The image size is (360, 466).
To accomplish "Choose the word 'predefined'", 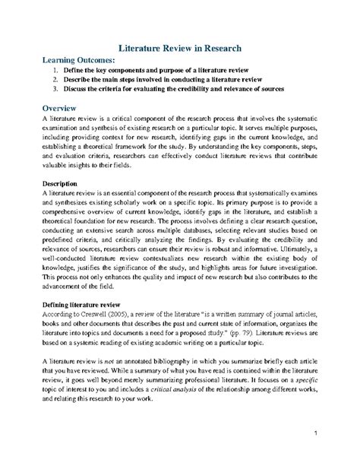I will click(62, 244).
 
